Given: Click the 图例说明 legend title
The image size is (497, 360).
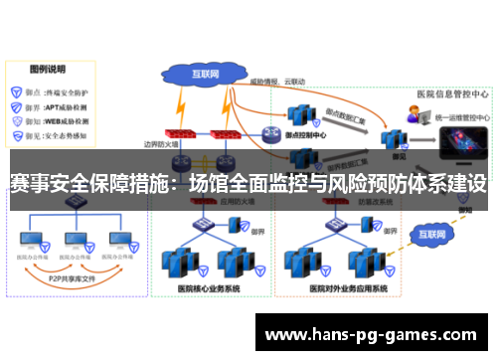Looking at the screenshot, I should pyautogui.click(x=47, y=71).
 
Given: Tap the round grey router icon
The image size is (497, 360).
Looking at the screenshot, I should pyautogui.click(x=271, y=133).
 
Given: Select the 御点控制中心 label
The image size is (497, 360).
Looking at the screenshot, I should pyautogui.click(x=306, y=137).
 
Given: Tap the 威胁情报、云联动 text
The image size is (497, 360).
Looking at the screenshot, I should pyautogui.click(x=278, y=80).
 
